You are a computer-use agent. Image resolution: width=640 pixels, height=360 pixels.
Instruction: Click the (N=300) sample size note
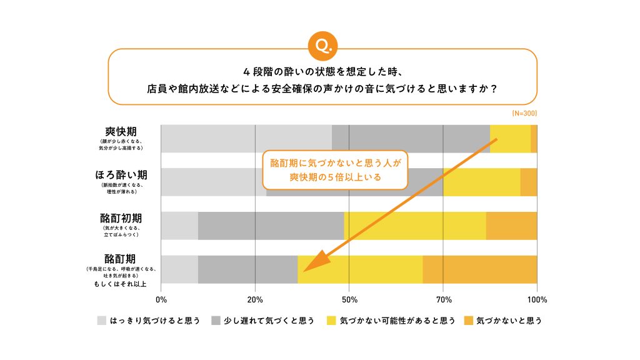(524, 114)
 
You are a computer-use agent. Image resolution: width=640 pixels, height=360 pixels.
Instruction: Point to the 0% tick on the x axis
(161, 299)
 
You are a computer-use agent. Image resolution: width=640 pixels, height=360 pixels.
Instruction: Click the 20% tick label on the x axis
(255, 299)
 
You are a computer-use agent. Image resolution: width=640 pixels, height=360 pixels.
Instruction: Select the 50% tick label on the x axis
(349, 299)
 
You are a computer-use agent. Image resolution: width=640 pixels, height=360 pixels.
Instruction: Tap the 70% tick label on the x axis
(443, 299)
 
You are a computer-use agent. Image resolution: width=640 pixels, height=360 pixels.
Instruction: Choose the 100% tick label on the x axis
(536, 299)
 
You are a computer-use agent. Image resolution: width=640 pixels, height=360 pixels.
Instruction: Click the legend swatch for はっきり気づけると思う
(102, 321)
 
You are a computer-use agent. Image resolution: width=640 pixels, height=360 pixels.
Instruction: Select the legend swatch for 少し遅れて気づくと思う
(216, 321)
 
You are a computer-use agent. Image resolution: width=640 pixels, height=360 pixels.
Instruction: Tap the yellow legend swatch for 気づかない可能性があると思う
(332, 321)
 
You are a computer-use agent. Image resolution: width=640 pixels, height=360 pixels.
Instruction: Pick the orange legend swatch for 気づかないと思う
(469, 321)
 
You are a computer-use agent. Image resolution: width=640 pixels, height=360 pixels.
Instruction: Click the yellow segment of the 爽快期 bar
(510, 139)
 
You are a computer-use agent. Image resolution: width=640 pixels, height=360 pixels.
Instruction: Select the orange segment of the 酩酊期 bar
(479, 269)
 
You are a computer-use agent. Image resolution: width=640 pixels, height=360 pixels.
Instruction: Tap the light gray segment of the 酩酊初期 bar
(179, 226)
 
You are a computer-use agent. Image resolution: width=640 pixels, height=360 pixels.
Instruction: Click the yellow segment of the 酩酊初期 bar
(414, 226)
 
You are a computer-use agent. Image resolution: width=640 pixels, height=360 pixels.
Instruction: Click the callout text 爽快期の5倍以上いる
(335, 177)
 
